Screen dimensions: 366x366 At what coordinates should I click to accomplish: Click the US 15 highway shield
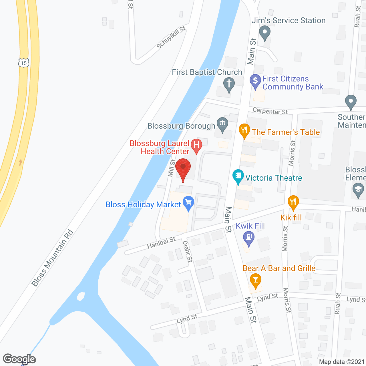[x=24, y=63]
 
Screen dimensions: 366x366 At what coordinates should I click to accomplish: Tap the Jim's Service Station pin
[x=264, y=33]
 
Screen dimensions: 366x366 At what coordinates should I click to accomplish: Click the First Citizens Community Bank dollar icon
[x=255, y=81]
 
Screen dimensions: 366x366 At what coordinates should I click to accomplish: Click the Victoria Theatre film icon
[x=238, y=176]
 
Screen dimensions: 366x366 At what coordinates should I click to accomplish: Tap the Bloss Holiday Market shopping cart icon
[x=188, y=203]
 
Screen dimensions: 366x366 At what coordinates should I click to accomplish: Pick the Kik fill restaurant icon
[x=293, y=202]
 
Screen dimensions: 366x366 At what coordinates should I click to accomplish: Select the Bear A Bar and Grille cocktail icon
[x=255, y=280]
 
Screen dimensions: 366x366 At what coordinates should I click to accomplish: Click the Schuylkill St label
[x=171, y=37]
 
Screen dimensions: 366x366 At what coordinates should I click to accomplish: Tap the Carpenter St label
[x=270, y=111]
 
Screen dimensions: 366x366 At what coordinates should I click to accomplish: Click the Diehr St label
[x=188, y=251]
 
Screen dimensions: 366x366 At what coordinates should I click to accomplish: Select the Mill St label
[x=172, y=168]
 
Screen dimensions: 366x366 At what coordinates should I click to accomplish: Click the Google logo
[x=19, y=359]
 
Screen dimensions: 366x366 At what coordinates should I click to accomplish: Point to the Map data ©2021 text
[x=341, y=362]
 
